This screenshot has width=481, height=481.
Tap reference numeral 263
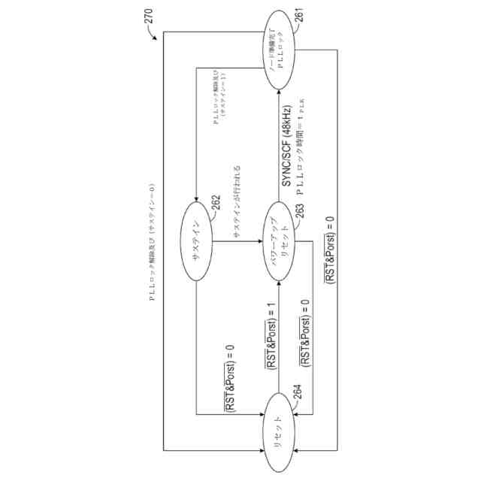(298, 214)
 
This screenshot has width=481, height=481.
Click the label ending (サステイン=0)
(150, 240)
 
